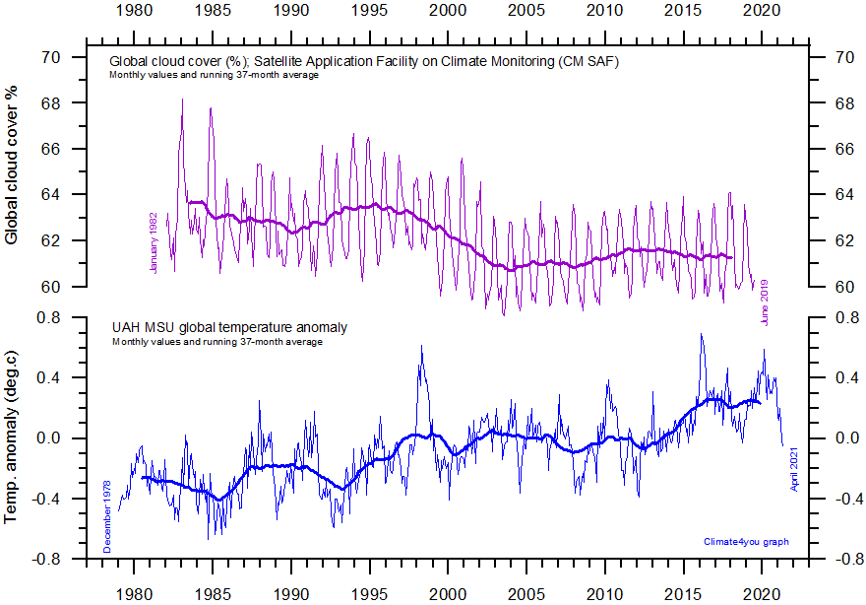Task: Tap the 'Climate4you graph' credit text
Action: [746, 542]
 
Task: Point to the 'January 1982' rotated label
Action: [155, 241]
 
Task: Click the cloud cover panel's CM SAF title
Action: [363, 62]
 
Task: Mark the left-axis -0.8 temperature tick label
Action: [44, 559]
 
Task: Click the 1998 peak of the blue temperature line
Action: [421, 346]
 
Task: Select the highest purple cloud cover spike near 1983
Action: [182, 100]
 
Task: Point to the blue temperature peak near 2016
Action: [702, 334]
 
